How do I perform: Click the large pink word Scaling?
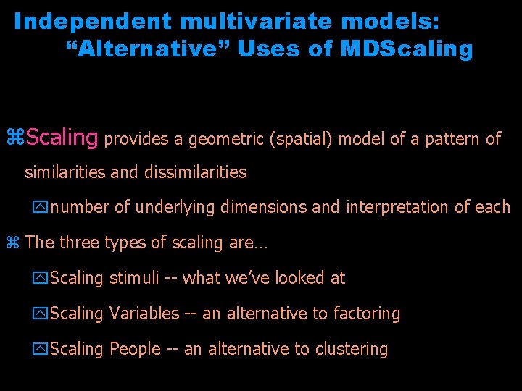[62, 137]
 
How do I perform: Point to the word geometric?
[225, 139]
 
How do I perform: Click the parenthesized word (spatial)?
[299, 139]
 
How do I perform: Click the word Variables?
[144, 314]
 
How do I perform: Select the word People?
[135, 349]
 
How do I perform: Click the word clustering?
[350, 349]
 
